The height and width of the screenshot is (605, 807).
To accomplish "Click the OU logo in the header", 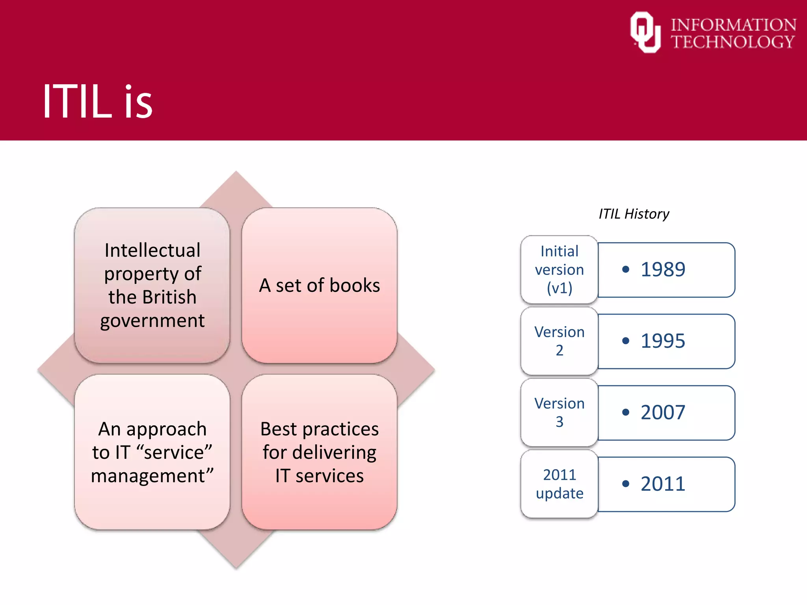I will point(645,32).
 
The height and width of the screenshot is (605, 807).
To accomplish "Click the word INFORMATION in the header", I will point(733,25).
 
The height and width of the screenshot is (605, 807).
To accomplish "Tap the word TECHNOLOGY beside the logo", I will point(733,42).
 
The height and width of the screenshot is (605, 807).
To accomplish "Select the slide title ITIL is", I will point(97,102).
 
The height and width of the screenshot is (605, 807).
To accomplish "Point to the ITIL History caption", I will point(634,214).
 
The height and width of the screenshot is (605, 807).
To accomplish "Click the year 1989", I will point(663,270).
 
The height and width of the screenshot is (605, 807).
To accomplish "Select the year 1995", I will point(663,341).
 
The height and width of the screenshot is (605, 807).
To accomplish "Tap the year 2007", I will point(663,412).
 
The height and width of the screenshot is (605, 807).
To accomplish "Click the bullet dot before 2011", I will point(625,484).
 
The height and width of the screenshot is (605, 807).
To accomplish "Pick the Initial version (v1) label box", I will point(559,270).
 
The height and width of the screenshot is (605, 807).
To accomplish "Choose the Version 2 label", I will point(559,341).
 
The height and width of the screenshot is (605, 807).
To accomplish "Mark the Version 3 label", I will point(559,412).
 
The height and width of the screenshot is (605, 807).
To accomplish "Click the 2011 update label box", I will point(559,484).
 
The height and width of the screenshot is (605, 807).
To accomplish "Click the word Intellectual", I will point(152,250).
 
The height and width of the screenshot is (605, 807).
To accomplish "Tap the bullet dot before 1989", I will point(625,270).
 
